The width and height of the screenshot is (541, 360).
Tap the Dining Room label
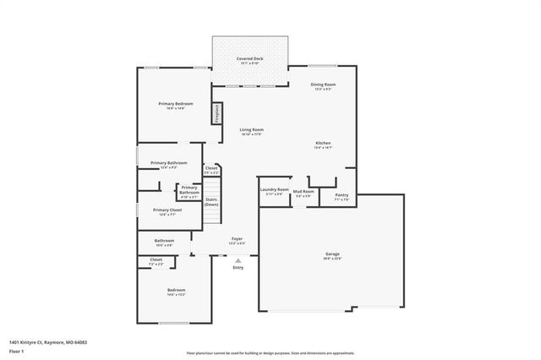tap(324, 85)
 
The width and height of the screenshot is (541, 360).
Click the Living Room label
tap(252, 129)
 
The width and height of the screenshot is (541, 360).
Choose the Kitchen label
tap(323, 144)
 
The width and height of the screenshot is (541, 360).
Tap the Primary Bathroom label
tap(168, 162)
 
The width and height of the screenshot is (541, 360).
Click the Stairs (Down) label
tap(211, 202)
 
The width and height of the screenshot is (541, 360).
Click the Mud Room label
tap(303, 192)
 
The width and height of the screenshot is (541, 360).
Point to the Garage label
tap(332, 254)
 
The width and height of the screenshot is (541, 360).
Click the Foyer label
tap(238, 239)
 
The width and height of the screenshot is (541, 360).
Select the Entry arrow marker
tap(238, 260)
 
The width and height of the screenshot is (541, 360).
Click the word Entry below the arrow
tap(238, 268)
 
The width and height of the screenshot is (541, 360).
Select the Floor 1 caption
tap(17, 350)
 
